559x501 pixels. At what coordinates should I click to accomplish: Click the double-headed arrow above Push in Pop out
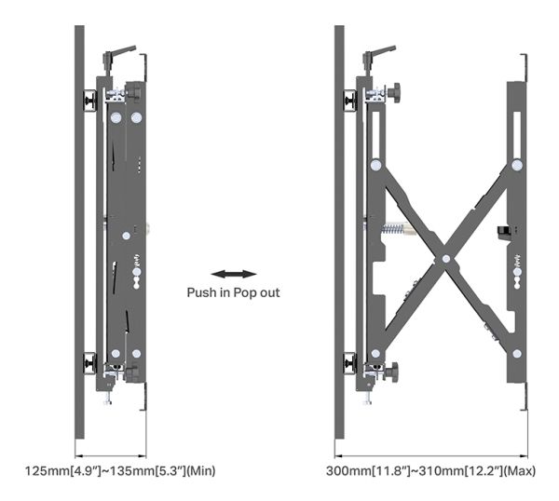tap(234, 274)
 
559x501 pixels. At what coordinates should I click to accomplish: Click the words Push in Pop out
tap(233, 293)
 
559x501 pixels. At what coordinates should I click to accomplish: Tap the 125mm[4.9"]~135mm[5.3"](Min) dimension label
tap(120, 470)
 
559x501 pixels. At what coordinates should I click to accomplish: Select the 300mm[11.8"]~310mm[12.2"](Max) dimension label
tap(430, 470)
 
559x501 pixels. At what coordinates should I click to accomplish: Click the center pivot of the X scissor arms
tap(446, 259)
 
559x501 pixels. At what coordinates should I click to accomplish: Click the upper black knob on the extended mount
tap(393, 91)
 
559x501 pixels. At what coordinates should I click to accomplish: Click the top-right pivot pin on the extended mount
tap(517, 165)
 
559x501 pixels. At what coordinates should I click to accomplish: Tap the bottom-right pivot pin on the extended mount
tap(517, 354)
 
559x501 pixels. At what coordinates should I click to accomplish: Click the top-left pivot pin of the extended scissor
tap(375, 165)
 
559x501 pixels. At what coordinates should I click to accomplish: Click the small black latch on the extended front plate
tap(503, 232)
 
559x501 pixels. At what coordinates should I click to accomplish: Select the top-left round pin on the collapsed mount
tap(116, 117)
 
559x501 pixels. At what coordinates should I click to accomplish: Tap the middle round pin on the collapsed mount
tap(126, 236)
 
